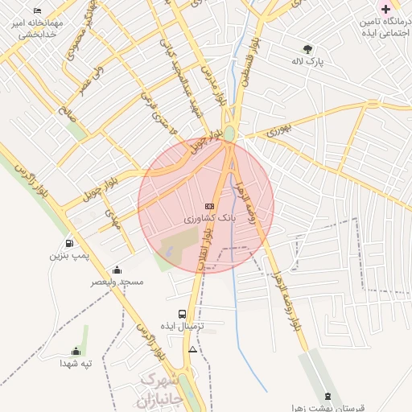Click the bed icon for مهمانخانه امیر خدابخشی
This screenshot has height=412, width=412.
tap(38, 11)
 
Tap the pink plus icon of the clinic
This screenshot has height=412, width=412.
tap(385, 8)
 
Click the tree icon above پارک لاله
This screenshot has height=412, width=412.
tap(307, 48)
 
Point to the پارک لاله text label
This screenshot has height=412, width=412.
tap(307, 61)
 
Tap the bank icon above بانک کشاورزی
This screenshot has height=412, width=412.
tap(209, 206)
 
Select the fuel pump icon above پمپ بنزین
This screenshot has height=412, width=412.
tap(68, 243)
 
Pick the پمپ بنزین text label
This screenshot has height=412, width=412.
tap(68, 256)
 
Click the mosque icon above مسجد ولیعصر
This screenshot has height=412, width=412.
tap(117, 270)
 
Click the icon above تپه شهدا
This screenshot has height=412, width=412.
tap(76, 351)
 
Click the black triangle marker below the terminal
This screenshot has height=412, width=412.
tap(192, 350)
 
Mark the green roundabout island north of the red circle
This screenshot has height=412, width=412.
tap(229, 133)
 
